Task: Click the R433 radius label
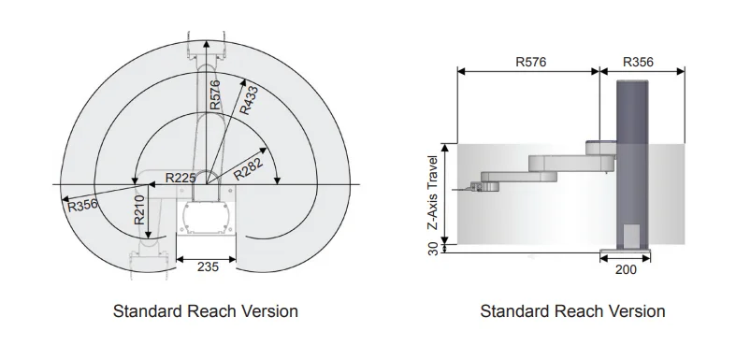coord(249,100)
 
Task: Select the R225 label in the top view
coord(180,178)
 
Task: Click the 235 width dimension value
coord(208,266)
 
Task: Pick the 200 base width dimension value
coord(626,269)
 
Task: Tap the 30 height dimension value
coord(433,249)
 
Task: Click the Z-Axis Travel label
coord(433,193)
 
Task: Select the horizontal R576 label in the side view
coord(531,62)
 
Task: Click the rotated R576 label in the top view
coord(214,94)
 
